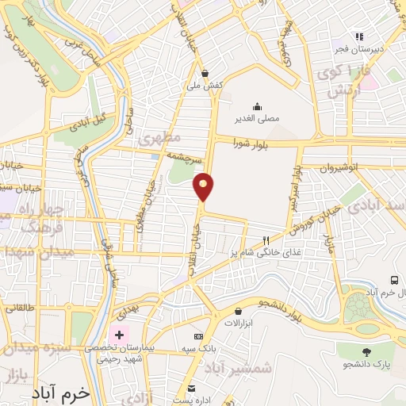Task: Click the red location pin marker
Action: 204,186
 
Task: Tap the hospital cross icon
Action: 120,335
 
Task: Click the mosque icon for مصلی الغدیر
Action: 256,106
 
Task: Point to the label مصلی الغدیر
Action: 257,119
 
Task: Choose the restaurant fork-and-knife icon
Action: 266,239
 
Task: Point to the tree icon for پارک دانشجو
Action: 366,351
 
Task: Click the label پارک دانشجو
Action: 366,364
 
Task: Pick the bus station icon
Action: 394,280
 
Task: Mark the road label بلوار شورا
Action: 254,142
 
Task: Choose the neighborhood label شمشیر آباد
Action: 244,367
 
